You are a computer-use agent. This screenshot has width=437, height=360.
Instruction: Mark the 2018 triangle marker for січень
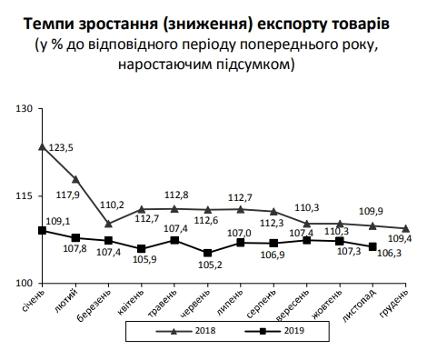point(43,146)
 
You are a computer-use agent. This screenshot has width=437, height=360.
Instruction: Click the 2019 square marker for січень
point(43,230)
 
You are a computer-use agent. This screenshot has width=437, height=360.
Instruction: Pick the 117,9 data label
point(94,194)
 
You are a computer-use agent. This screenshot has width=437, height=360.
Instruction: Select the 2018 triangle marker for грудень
point(405,228)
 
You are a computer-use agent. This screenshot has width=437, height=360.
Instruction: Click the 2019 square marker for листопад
point(372,246)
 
